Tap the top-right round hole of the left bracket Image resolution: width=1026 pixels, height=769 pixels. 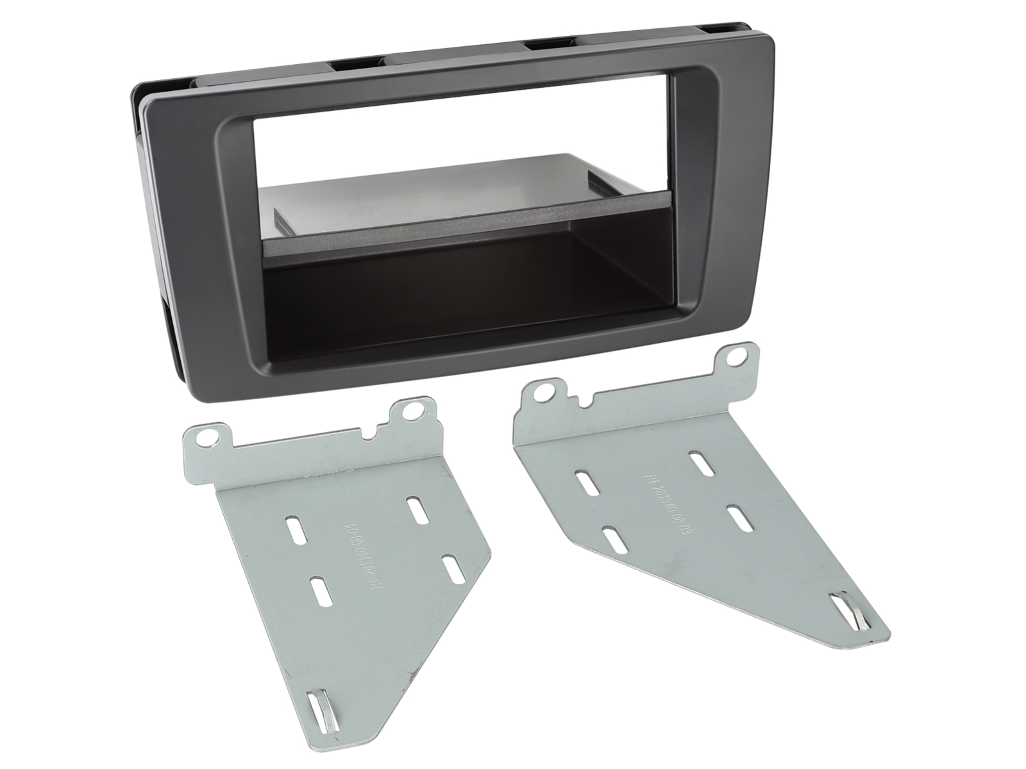(x=409, y=411)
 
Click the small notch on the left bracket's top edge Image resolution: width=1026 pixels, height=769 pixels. (x=371, y=434)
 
